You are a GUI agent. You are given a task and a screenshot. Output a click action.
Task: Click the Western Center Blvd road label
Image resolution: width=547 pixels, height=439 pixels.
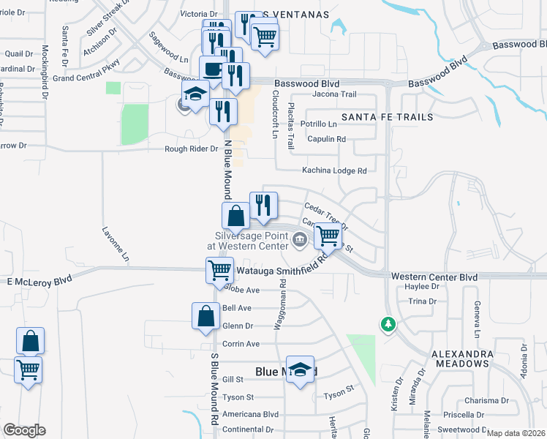tap(434, 277)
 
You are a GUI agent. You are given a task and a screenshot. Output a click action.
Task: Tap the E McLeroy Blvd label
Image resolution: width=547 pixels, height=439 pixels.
tap(39, 280)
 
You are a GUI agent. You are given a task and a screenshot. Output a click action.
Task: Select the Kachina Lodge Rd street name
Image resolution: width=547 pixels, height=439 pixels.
tap(334, 170)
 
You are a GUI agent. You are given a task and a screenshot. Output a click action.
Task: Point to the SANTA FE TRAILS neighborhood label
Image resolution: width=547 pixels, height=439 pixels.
tap(387, 117)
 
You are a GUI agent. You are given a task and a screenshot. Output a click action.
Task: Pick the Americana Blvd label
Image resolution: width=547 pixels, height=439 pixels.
tap(252, 413)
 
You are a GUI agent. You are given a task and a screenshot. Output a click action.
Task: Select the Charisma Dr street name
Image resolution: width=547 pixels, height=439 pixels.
tap(486, 400)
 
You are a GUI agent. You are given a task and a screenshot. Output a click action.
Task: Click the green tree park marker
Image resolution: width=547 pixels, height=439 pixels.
tap(388, 323)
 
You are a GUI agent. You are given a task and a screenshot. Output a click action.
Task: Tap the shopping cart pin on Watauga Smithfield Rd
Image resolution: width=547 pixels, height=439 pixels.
tap(219, 269)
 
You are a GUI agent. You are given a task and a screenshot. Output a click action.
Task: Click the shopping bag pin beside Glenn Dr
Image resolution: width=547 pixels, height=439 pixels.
tap(205, 315)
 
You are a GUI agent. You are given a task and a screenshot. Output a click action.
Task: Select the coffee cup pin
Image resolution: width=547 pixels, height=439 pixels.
tap(213, 69)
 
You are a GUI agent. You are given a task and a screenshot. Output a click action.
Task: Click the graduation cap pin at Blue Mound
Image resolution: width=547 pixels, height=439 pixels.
tap(300, 369)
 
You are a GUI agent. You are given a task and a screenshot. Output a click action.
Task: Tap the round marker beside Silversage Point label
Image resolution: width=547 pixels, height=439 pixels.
tap(300, 239)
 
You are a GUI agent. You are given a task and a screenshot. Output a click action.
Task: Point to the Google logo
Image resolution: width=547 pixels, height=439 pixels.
tap(24, 430)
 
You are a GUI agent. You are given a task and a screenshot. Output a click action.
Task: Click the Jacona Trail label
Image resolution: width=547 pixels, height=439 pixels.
tap(334, 94)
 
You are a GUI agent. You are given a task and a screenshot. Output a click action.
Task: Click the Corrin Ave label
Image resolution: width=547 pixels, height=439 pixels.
tap(241, 343)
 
